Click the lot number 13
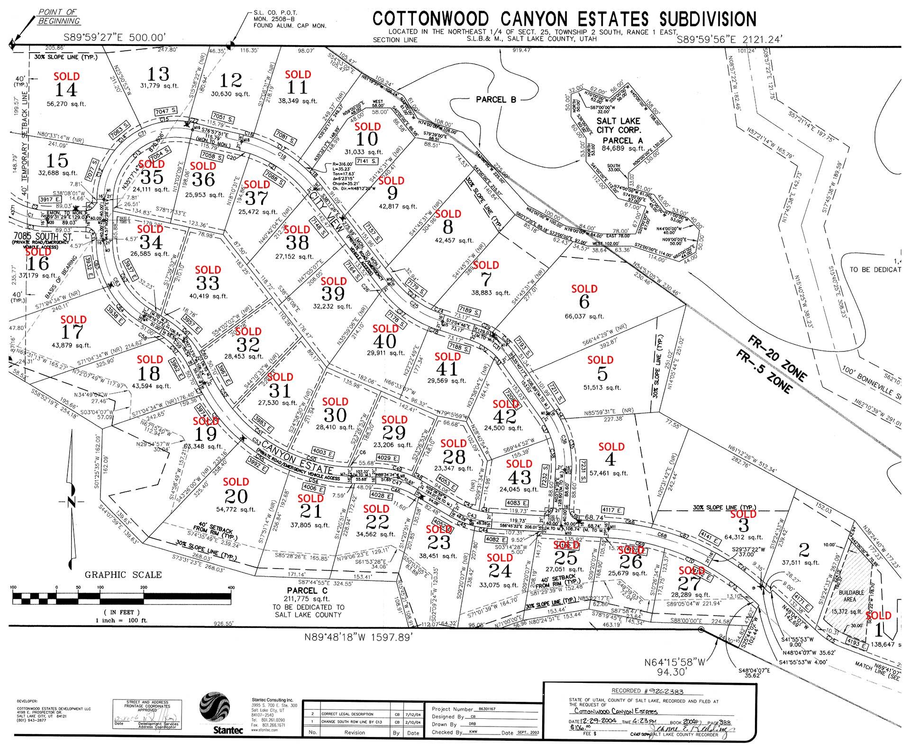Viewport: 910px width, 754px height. pyautogui.click(x=158, y=74)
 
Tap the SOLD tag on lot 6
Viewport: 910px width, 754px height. pyautogui.click(x=584, y=289)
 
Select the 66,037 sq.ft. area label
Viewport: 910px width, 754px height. pyautogui.click(x=584, y=316)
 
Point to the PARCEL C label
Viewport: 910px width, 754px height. pyautogui.click(x=308, y=591)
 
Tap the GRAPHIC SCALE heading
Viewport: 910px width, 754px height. pyautogui.click(x=123, y=575)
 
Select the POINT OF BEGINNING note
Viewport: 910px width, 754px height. pyautogui.click(x=59, y=16)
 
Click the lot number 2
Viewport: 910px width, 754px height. pyautogui.click(x=804, y=550)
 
